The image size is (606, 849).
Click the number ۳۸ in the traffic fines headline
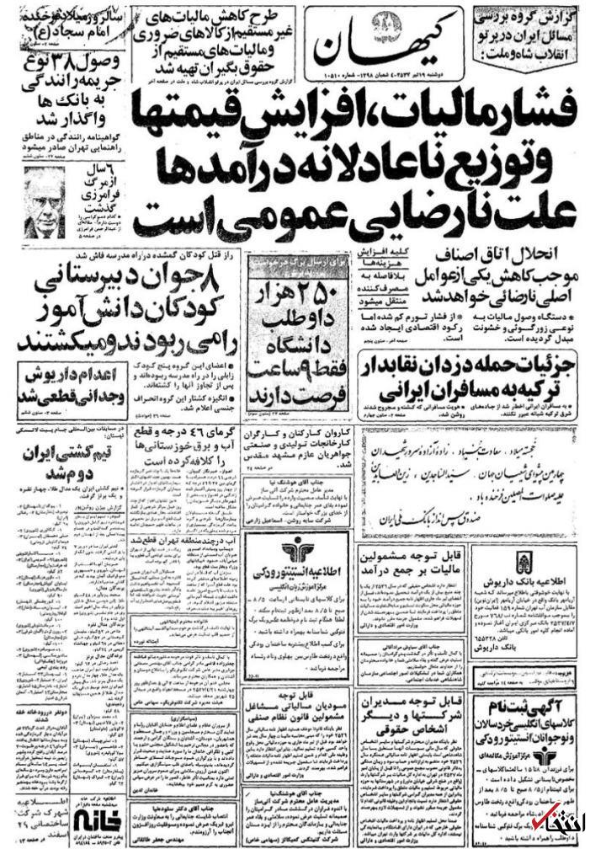click(x=72, y=65)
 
